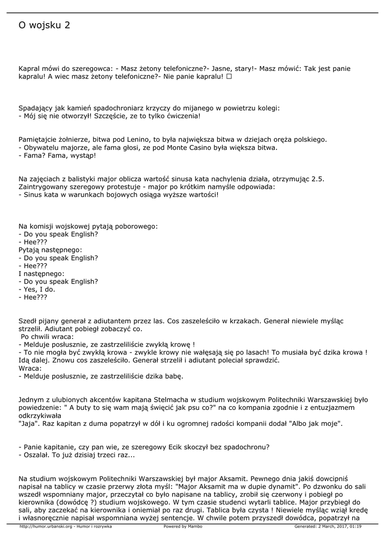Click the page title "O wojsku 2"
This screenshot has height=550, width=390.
45,25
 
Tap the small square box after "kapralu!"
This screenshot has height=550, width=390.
229,77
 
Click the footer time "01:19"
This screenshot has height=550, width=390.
355,526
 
